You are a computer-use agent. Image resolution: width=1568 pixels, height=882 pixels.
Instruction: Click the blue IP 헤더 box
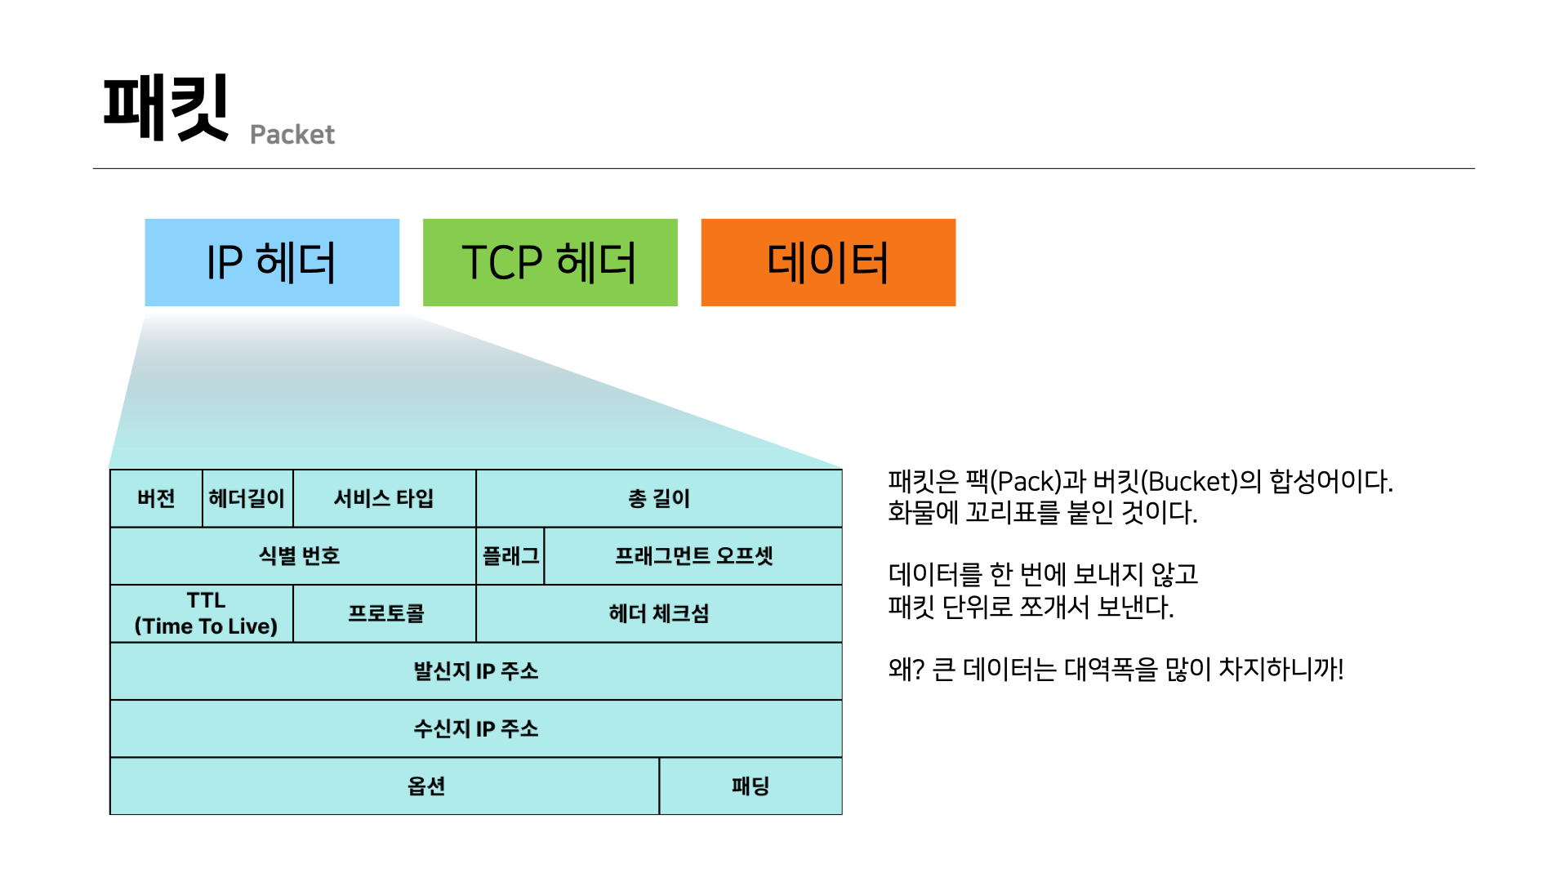coord(272,262)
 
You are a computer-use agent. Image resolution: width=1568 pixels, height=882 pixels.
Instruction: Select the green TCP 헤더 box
coord(550,262)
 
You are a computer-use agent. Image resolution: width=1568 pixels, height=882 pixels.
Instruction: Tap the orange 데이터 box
coord(828,262)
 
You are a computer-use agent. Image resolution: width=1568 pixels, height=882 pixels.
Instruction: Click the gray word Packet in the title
coord(292,135)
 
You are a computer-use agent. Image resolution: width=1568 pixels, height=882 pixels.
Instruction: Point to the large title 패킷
coord(166,108)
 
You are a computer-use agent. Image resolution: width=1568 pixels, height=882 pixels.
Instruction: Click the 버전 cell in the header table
coord(156,498)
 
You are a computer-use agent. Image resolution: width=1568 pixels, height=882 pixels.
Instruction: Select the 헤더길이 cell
coord(247,498)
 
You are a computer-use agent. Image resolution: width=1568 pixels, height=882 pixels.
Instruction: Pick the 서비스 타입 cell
coord(385,498)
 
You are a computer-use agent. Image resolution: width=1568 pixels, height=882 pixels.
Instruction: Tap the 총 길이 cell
coord(659,498)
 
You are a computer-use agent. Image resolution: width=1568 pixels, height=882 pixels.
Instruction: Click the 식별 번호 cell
coord(293,556)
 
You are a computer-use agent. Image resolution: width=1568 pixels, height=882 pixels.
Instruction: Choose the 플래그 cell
coord(510,556)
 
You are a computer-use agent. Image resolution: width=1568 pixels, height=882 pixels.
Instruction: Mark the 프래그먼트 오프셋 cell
coord(693,556)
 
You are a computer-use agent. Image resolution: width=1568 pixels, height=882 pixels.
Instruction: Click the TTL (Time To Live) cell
coord(202,613)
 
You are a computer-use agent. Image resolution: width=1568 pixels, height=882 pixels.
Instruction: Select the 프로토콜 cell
coord(385,613)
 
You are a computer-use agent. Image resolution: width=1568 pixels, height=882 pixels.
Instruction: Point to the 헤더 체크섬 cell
coord(659,613)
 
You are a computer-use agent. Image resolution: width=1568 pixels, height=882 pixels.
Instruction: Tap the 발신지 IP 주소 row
coord(476,671)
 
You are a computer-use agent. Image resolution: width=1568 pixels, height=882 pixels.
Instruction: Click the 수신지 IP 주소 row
coord(476,728)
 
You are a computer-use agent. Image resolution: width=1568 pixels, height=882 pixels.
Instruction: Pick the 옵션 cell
coord(385,786)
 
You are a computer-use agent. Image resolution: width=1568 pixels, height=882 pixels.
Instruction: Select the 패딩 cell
coord(751,786)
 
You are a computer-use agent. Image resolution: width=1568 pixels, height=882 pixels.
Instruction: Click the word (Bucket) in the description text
coord(1189,482)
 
